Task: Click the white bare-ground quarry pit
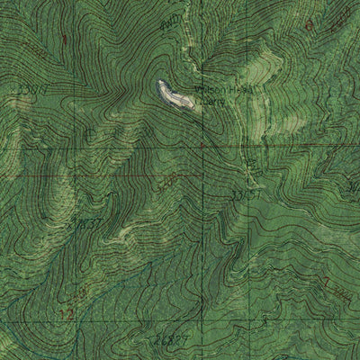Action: point(175,94)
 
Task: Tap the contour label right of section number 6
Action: point(339,16)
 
